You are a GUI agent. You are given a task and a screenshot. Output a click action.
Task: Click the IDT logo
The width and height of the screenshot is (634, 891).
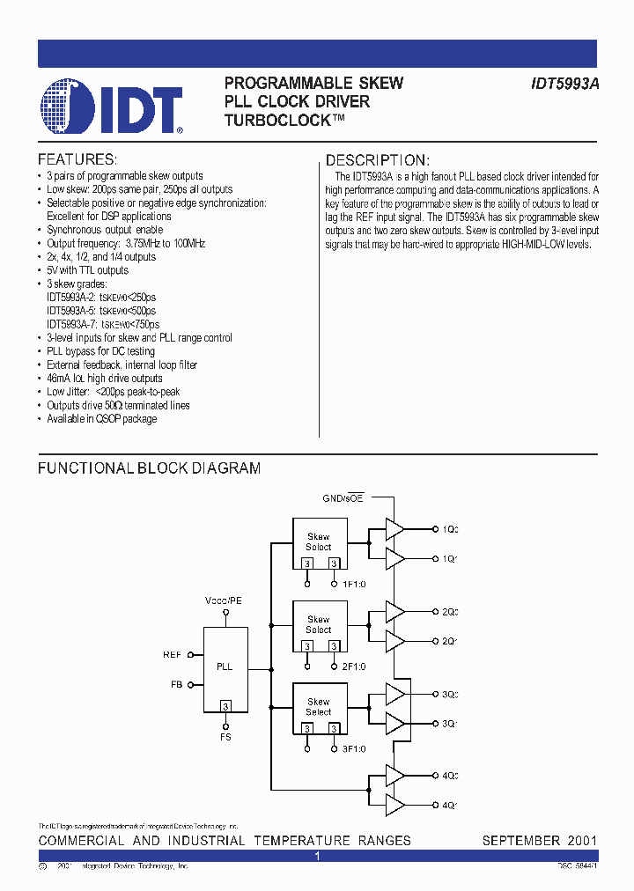coord(111,107)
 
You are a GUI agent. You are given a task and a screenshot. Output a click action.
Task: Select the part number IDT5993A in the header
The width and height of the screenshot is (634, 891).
coord(564,84)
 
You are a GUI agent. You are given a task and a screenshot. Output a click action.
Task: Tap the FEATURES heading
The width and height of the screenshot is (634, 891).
coord(77,160)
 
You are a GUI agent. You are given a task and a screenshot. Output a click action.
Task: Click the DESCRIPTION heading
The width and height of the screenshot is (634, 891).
coord(378,160)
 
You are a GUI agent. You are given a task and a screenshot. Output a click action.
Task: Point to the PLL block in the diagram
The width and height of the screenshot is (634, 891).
coord(225,666)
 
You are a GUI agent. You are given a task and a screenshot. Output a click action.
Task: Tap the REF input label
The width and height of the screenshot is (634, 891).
coord(172,654)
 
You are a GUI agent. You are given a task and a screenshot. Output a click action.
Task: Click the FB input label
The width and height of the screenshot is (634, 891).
coord(175,683)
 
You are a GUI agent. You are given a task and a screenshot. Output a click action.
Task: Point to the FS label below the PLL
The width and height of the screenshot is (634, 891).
coord(225,737)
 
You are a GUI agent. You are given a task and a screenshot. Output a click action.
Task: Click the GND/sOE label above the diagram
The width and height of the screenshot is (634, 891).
coord(342,498)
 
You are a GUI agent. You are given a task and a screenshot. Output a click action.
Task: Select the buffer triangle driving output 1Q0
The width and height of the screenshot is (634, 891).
coord(394,529)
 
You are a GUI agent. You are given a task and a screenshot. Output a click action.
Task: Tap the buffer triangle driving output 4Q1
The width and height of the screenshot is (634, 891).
coord(394,805)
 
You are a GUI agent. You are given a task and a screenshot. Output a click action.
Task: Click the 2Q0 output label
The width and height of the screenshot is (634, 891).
coord(450,611)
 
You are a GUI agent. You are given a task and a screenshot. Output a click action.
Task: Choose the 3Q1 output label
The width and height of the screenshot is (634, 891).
coord(450,723)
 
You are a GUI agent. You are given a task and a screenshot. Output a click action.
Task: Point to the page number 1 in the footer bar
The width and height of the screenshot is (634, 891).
coord(317,856)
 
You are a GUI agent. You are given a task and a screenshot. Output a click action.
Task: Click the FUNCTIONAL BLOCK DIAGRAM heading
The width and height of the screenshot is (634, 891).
coord(149,468)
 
